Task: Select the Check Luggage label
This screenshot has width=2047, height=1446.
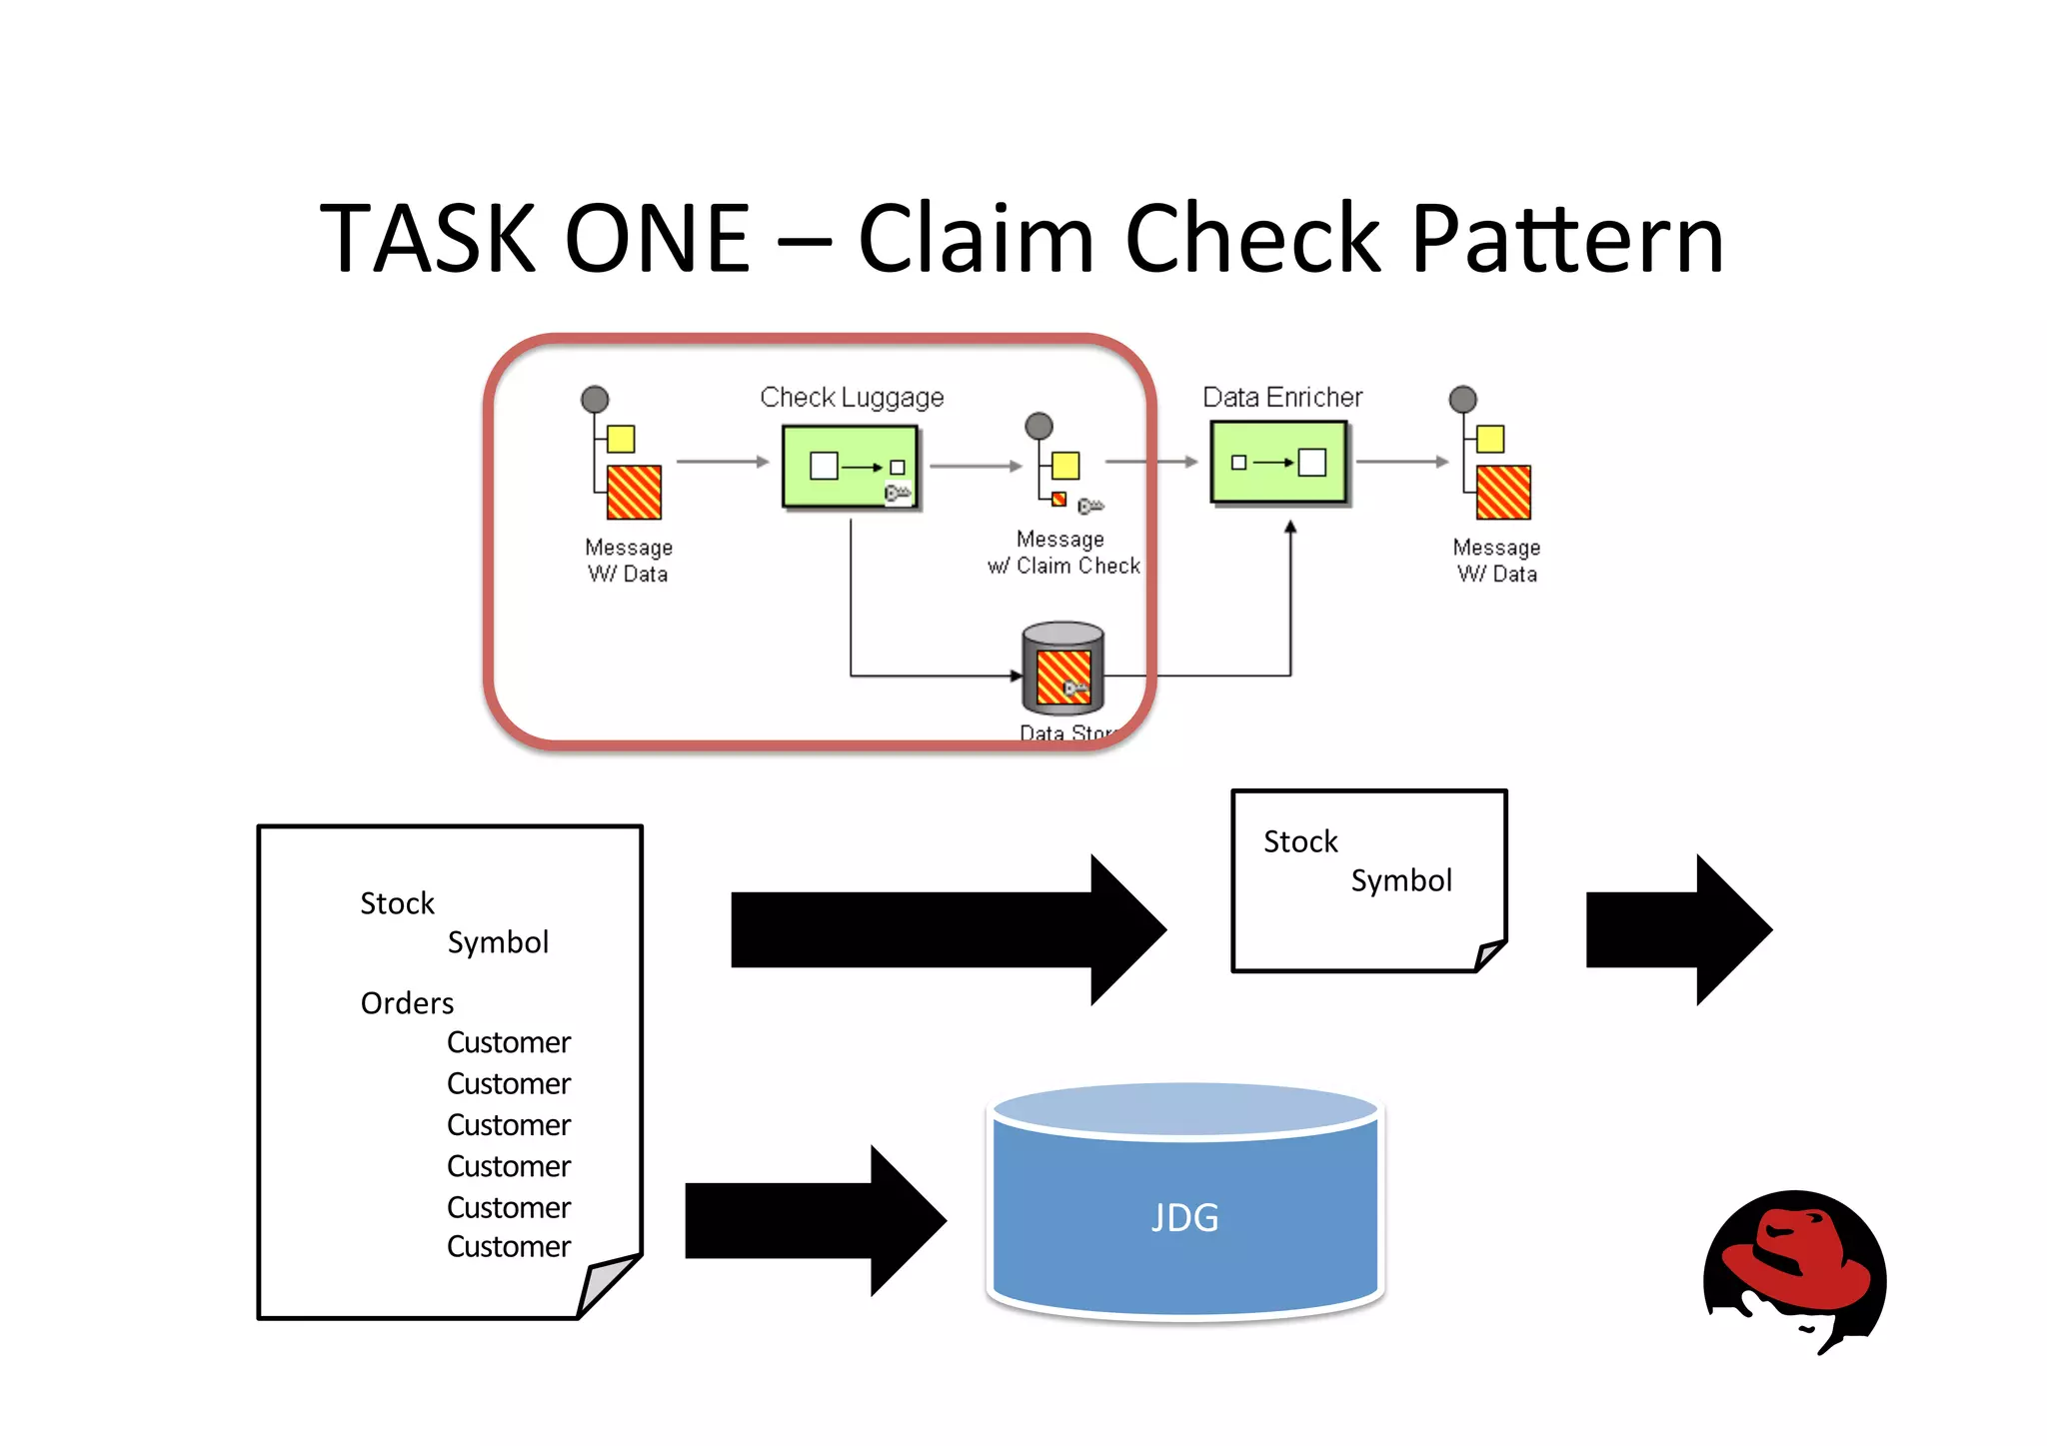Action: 852,398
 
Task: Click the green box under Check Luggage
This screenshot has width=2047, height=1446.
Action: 850,467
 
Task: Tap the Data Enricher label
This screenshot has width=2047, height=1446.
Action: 1282,398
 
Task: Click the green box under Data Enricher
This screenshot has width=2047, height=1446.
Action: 1278,463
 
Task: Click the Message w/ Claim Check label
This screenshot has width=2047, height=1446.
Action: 1063,553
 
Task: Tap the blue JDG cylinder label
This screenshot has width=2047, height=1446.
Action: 1184,1217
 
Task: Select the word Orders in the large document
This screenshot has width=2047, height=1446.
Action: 407,1003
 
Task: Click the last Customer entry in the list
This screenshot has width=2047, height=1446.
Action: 509,1247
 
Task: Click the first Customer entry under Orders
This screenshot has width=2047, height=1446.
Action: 509,1042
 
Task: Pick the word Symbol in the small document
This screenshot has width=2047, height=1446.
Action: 1401,880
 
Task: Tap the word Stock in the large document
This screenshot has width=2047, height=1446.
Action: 397,903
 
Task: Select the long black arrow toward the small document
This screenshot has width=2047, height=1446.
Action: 945,929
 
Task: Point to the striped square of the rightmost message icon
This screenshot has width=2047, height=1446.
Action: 1503,492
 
